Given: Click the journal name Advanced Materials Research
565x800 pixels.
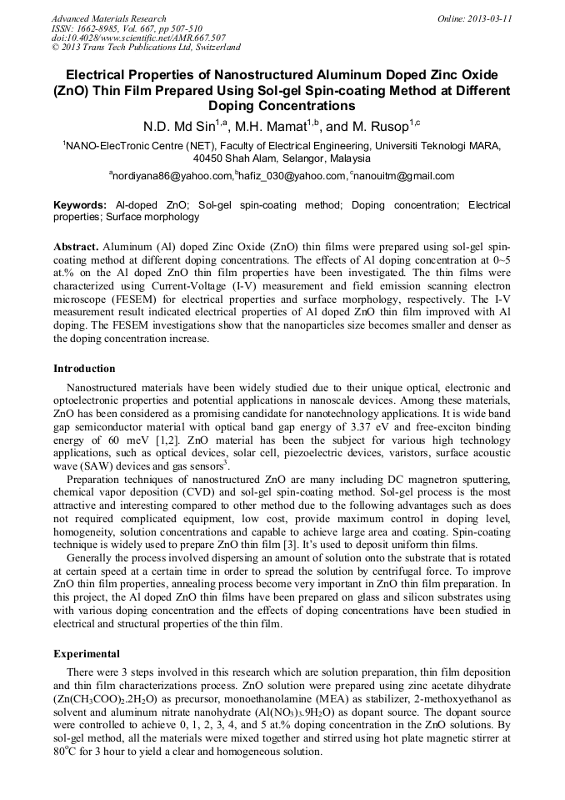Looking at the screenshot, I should [x=108, y=18].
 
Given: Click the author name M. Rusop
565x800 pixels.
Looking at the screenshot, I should [x=378, y=127].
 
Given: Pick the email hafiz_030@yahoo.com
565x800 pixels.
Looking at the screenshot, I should [x=291, y=176].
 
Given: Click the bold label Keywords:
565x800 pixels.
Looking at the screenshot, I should [x=80, y=204].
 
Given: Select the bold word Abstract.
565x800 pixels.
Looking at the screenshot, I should [x=77, y=249].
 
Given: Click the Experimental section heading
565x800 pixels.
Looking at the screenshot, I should [x=87, y=654].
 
